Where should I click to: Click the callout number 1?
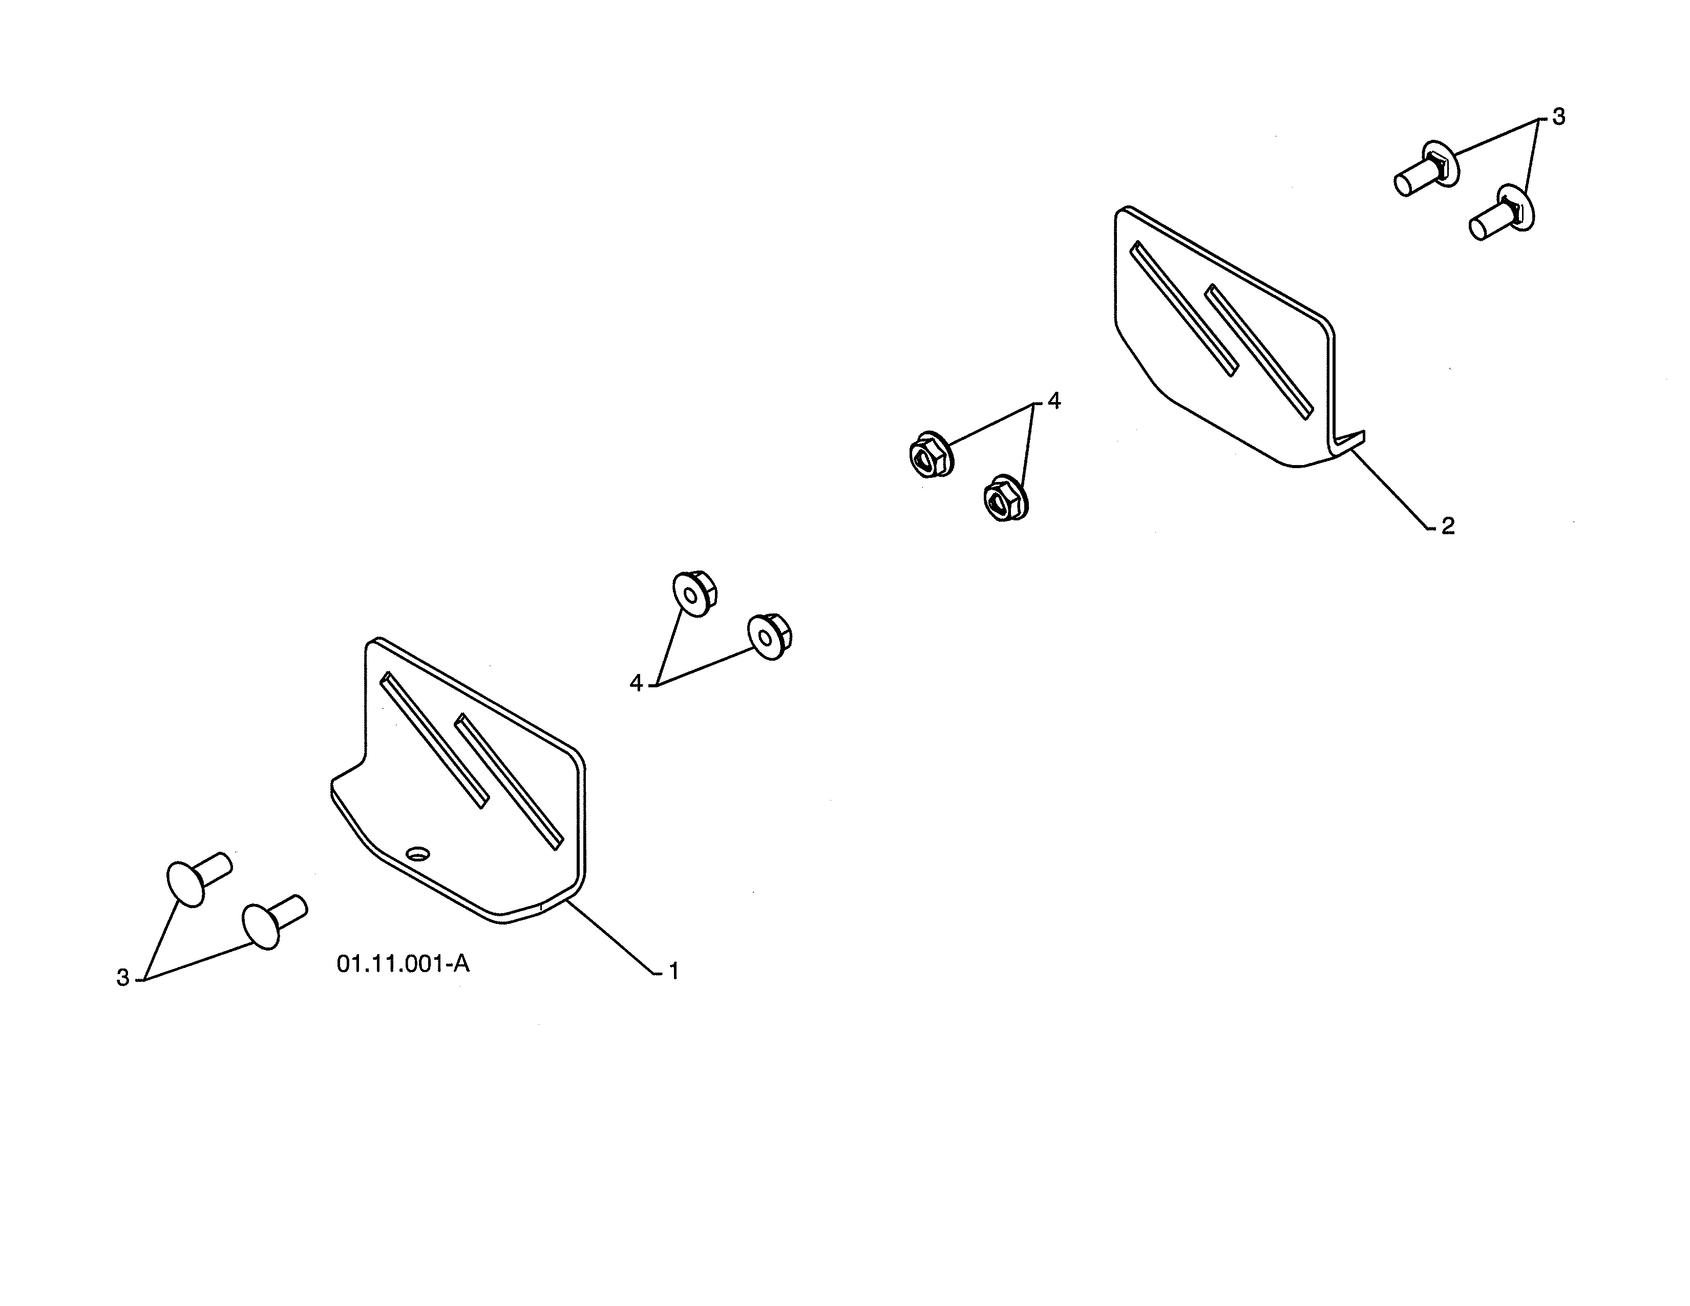pos(674,971)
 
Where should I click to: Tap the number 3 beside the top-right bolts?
pos(1558,117)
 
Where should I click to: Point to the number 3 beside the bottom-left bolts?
pos(122,978)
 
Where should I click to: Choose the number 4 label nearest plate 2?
pos(1054,401)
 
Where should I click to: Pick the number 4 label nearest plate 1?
pos(636,683)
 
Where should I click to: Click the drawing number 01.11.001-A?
pos(403,964)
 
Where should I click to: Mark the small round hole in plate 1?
pos(418,853)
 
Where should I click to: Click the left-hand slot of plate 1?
pos(435,740)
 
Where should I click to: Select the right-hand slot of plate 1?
pos(509,782)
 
